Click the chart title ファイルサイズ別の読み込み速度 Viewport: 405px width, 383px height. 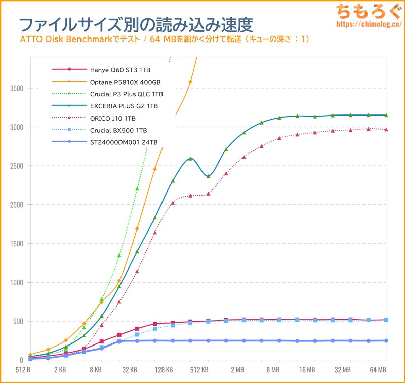(x=136, y=24)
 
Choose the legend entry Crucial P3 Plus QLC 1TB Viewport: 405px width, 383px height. (x=126, y=94)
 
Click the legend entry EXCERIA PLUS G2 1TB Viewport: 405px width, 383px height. (x=123, y=106)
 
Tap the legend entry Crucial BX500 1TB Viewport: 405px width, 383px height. (x=115, y=131)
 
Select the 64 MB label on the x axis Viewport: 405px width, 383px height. (x=379, y=370)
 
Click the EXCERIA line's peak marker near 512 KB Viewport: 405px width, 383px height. (x=190, y=159)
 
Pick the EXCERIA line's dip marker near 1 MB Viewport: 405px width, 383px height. (x=208, y=176)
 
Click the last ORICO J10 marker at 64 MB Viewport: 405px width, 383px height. (x=386, y=130)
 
